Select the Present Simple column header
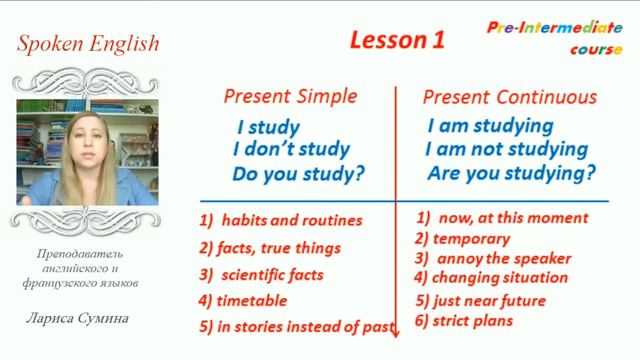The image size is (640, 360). (x=289, y=97)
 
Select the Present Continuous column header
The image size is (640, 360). (x=510, y=97)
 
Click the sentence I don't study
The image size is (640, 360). (x=291, y=151)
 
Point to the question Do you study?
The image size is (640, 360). (x=298, y=175)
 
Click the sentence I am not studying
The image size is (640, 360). (x=507, y=150)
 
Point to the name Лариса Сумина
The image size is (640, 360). (x=77, y=320)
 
